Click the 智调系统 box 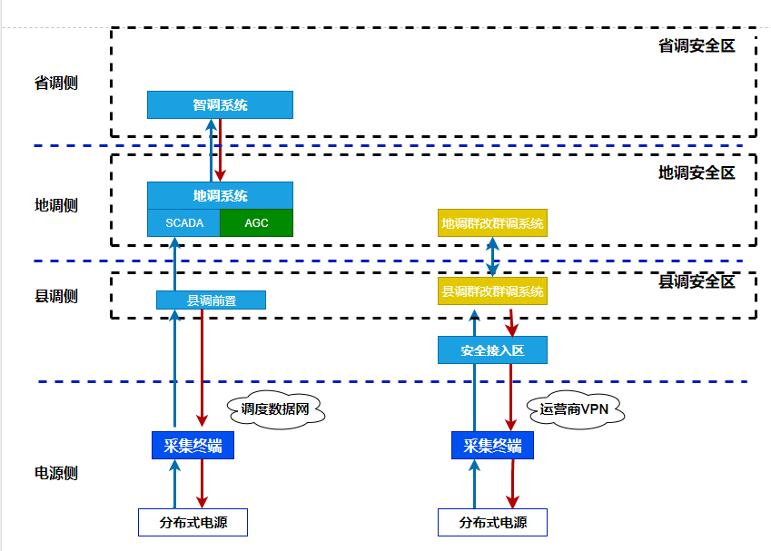220,104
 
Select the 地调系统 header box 220,195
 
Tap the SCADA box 184,222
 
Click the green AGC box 256,222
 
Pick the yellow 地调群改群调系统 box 492,222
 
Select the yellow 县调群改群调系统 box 492,291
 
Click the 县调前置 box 211,300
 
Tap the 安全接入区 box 492,349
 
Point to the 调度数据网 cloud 275,409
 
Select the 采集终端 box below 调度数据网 193,445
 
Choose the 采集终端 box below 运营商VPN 492,445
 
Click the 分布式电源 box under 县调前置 193,522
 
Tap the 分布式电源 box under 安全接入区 492,522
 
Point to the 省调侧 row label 56,83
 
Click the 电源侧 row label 56,473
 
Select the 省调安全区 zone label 696,44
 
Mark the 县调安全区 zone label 696,281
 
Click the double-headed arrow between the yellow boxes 492,257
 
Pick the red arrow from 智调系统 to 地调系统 221,150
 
